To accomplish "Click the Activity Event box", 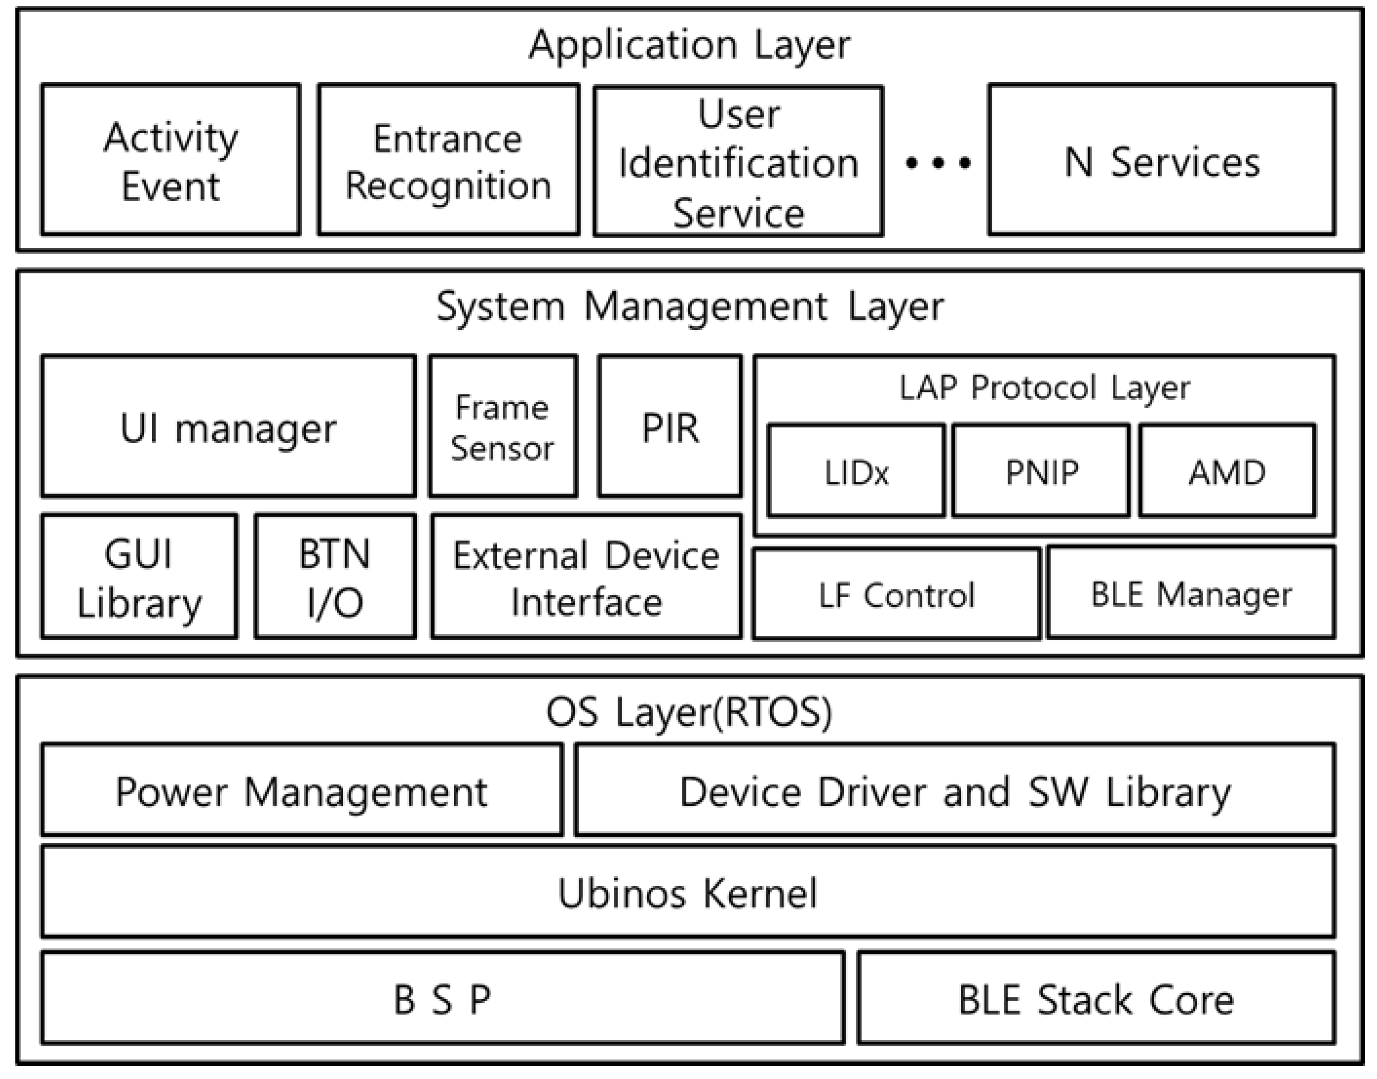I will coord(170,160).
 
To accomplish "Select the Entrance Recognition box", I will coord(448,160).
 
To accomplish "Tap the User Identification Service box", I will coord(738,161).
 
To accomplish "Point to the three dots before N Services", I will coord(938,164).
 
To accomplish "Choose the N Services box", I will coord(1162,161).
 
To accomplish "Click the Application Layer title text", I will coord(690,46).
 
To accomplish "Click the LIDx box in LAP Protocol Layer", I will coord(856,471).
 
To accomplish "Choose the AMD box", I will coord(1227,471).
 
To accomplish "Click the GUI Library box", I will coord(139,577).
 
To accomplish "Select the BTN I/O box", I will coord(335,577).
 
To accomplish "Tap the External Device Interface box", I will coord(586,577).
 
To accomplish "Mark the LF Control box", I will coord(896,595).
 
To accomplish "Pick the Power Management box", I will coord(301,790).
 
